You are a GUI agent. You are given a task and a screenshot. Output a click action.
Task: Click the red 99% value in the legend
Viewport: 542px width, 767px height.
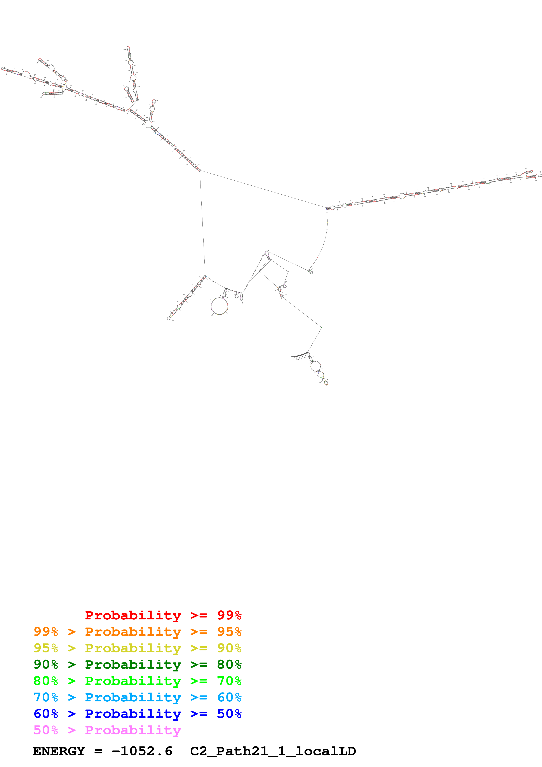(x=229, y=615)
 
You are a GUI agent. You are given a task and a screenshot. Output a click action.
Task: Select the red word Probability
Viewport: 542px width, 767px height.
(x=133, y=615)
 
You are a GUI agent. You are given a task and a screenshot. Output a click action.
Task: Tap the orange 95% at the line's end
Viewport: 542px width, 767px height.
(x=229, y=631)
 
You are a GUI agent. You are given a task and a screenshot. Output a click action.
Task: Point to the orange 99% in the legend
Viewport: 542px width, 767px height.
(x=46, y=631)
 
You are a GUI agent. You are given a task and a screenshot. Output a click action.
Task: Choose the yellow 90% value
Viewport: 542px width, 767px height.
(x=229, y=648)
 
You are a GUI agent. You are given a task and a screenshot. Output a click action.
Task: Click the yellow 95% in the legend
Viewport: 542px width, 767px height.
(x=46, y=648)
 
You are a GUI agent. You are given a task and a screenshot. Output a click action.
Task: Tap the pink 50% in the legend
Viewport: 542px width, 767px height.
(x=46, y=730)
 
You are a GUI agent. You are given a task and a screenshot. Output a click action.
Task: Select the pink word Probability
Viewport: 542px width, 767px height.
(x=133, y=730)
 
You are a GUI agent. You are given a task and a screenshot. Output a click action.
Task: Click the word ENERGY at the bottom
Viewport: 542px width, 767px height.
(x=59, y=751)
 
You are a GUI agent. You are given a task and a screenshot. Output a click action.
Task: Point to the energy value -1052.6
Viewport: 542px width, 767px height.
(x=142, y=751)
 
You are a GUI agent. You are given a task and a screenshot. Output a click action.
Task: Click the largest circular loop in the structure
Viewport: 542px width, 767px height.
(x=220, y=306)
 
